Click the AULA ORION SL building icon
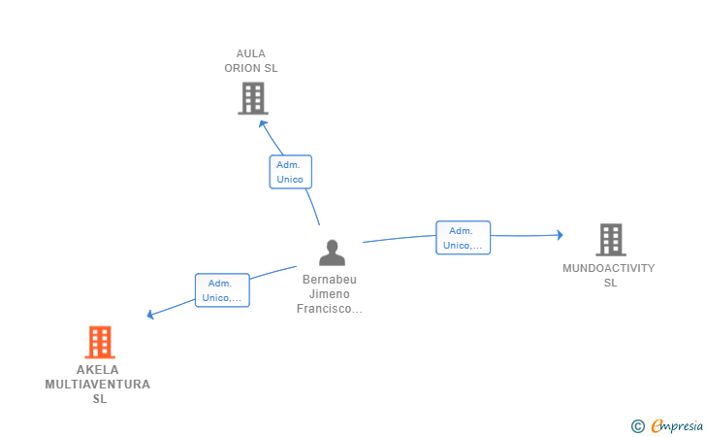(253, 98)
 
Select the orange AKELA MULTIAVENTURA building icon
(100, 342)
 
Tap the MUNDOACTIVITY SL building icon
(611, 240)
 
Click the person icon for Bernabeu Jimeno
(333, 252)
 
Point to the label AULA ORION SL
(251, 61)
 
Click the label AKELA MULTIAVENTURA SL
(98, 385)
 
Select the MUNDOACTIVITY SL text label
(609, 275)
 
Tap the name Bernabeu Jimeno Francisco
(330, 294)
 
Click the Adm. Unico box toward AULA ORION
(290, 172)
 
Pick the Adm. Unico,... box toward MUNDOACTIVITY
(463, 238)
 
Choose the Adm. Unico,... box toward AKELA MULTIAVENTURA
(222, 290)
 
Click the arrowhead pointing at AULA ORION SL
(263, 124)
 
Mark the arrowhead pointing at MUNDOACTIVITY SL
(560, 234)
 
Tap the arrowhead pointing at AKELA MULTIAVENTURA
(151, 314)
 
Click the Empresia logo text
(677, 425)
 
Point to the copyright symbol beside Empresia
(637, 426)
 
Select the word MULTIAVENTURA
(98, 385)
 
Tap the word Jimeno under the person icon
(330, 294)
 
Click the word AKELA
(98, 370)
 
